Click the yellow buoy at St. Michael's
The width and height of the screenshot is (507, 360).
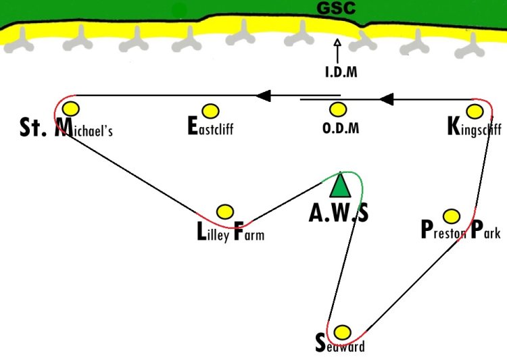click(71, 109)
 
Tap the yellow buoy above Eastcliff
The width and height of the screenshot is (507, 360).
click(210, 111)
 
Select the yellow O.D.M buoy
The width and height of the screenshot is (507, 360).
click(338, 109)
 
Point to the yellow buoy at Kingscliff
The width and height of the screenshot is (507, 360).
click(475, 111)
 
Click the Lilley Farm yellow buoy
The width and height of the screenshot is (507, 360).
click(225, 211)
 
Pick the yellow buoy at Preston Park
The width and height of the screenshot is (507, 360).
click(452, 216)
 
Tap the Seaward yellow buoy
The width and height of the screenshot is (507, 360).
click(342, 332)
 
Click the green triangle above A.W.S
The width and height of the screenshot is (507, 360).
click(340, 185)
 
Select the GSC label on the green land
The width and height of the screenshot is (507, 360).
click(336, 7)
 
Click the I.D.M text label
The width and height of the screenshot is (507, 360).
click(341, 72)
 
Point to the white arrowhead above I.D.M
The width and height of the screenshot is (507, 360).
click(337, 43)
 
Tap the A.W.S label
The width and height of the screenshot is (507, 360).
click(338, 213)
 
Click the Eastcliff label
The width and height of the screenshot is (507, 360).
click(210, 126)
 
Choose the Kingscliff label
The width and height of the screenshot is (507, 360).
click(475, 128)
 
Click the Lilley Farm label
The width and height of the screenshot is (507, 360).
click(231, 232)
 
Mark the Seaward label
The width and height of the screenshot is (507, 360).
click(340, 344)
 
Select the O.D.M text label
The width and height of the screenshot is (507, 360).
click(341, 128)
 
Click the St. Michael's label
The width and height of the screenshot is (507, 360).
click(66, 128)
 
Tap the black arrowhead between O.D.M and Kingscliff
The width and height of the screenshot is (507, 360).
click(386, 99)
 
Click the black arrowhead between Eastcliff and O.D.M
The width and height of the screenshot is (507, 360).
click(263, 96)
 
